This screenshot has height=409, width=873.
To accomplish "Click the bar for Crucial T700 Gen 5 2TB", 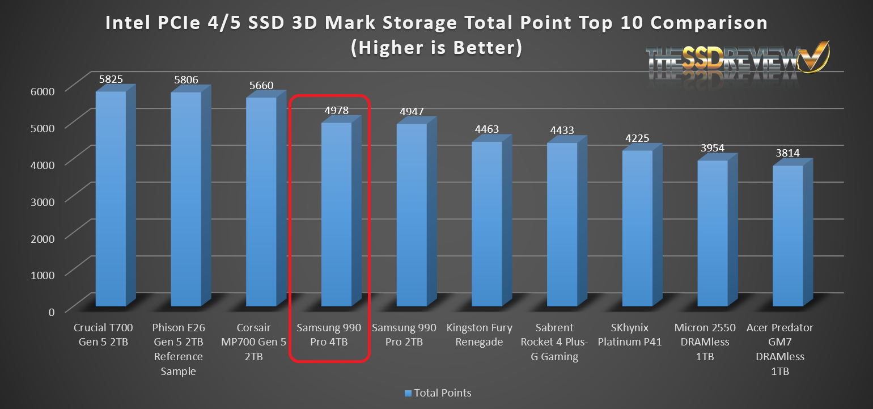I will [x=111, y=199].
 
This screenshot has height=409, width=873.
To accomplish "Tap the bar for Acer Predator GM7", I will [x=788, y=235].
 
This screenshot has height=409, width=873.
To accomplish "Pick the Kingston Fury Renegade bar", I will [x=487, y=224].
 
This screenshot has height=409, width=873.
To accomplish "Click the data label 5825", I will [x=111, y=79].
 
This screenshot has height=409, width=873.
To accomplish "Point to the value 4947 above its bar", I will [x=412, y=112].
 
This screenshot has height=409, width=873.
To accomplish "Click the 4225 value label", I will [x=637, y=138].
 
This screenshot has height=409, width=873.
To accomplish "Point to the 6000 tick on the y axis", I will [x=43, y=91].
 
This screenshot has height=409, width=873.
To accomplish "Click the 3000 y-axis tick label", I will [x=43, y=201].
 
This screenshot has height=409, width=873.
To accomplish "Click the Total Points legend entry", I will [x=438, y=393].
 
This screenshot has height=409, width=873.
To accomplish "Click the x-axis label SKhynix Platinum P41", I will [x=637, y=335].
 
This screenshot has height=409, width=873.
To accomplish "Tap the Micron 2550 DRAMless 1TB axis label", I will [x=713, y=342].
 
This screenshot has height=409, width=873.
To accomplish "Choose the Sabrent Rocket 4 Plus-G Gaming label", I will [x=562, y=342].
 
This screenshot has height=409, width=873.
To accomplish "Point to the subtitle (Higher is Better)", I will [x=436, y=48].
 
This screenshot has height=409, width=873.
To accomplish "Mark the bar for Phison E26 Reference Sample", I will [x=186, y=199].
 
